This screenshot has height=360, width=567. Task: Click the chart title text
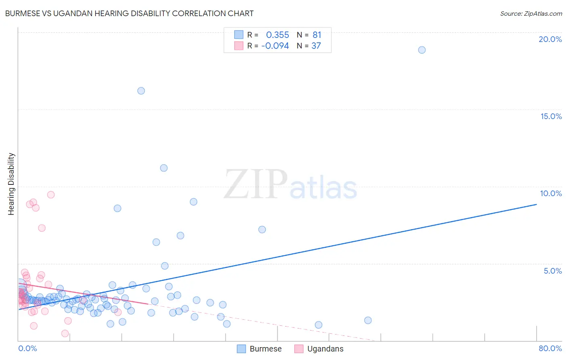point(129,13)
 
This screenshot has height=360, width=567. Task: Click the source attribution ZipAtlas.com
point(531,13)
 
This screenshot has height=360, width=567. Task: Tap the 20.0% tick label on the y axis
point(550,39)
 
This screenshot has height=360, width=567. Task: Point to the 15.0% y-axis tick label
point(551,116)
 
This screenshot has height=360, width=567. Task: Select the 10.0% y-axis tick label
point(551,193)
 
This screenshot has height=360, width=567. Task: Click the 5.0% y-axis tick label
point(552,271)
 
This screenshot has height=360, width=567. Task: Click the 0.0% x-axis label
point(27,348)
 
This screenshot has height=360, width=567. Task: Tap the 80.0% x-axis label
point(550,348)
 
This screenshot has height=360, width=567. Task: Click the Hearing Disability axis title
point(11,184)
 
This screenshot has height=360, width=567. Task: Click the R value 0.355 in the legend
point(277,35)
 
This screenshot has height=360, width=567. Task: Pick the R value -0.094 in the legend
point(275,46)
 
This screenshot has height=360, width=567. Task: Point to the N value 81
point(317,35)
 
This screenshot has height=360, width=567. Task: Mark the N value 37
point(316,46)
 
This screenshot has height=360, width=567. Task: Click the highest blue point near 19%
point(422,50)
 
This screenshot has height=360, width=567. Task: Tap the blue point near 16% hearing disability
point(141,91)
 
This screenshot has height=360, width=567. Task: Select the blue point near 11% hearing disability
point(164,168)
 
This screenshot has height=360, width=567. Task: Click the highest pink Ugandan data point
point(51,195)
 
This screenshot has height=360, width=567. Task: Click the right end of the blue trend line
point(536,205)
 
